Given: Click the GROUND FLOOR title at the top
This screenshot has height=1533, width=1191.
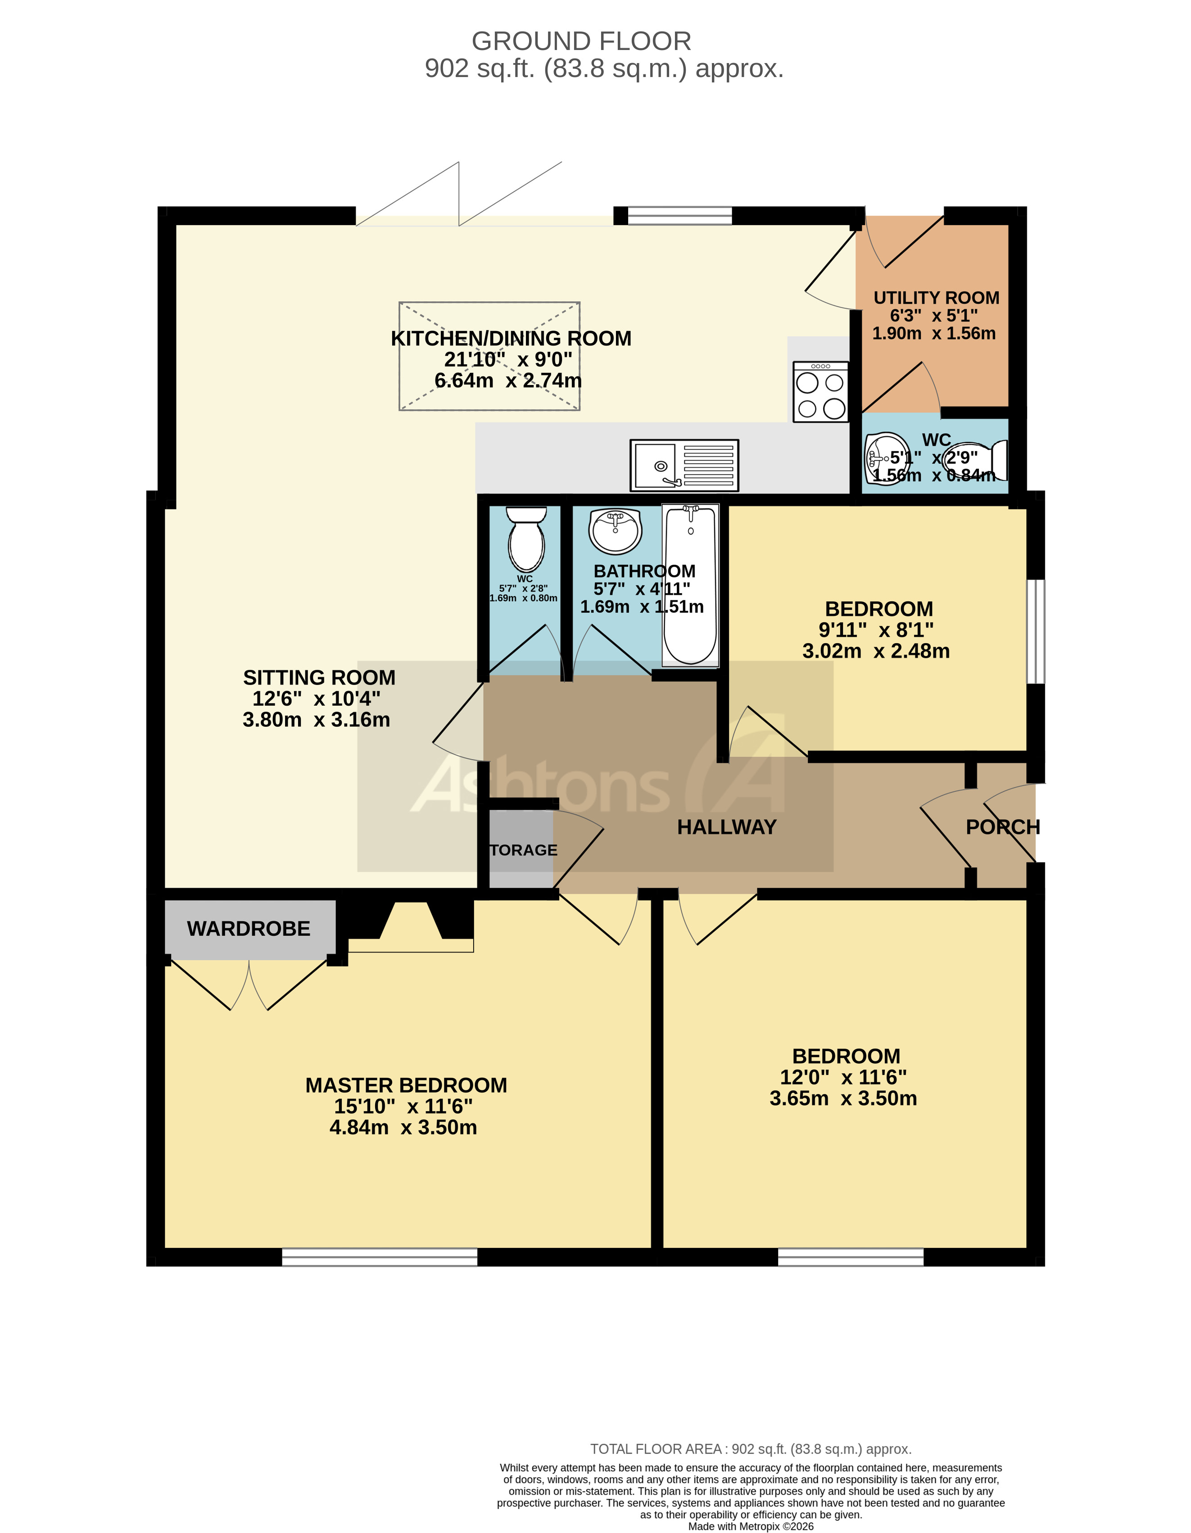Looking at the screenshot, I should pos(581,41).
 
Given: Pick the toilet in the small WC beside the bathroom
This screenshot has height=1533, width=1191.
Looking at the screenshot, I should pos(526,539).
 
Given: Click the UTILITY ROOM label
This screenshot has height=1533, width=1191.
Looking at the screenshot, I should pos(936,298).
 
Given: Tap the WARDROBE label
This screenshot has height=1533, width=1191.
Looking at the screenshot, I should pos(249,929).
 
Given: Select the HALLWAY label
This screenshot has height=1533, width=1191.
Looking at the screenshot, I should pos(726,827).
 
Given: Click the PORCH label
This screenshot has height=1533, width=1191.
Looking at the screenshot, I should pos(1002,827).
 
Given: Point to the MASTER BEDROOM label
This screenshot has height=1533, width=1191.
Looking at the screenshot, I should pos(406,1085).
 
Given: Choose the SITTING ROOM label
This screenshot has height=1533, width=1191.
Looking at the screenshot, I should pos(319,677).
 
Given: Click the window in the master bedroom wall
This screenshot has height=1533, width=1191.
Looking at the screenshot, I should pos(379,1256).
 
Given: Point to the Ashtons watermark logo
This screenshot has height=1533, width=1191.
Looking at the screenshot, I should pos(597,779).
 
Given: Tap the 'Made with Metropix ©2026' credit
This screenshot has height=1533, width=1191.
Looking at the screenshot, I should pos(750,1526).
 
